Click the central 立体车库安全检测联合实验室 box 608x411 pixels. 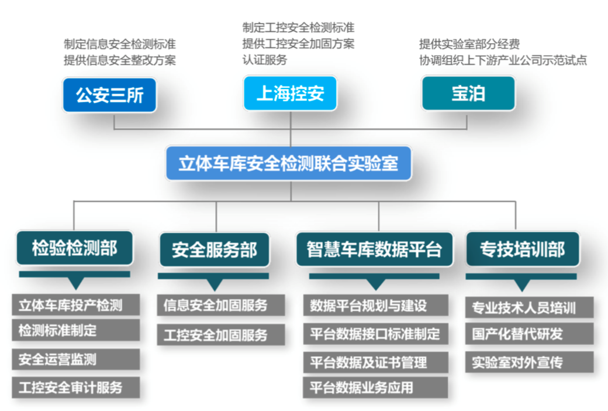point(288,163)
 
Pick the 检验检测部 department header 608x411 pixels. point(75,249)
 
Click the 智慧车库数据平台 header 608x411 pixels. point(374,249)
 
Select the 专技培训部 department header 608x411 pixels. point(522,249)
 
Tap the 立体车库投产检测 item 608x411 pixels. point(75,305)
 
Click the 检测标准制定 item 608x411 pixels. point(75,330)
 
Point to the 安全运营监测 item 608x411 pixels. point(75,359)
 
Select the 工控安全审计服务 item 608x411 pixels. point(75,387)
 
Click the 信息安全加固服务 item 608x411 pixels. point(221,305)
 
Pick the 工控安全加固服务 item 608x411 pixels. point(221,334)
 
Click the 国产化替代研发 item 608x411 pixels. point(530,334)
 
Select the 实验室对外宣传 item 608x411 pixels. point(530,362)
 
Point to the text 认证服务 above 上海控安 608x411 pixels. point(265,60)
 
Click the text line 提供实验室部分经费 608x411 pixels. point(469,44)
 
